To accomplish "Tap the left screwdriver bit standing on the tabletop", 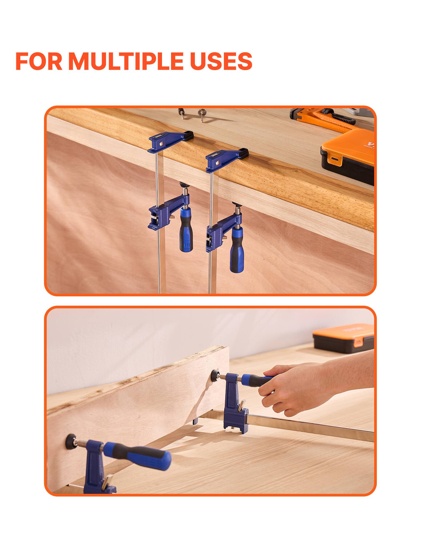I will tap(181, 113).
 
